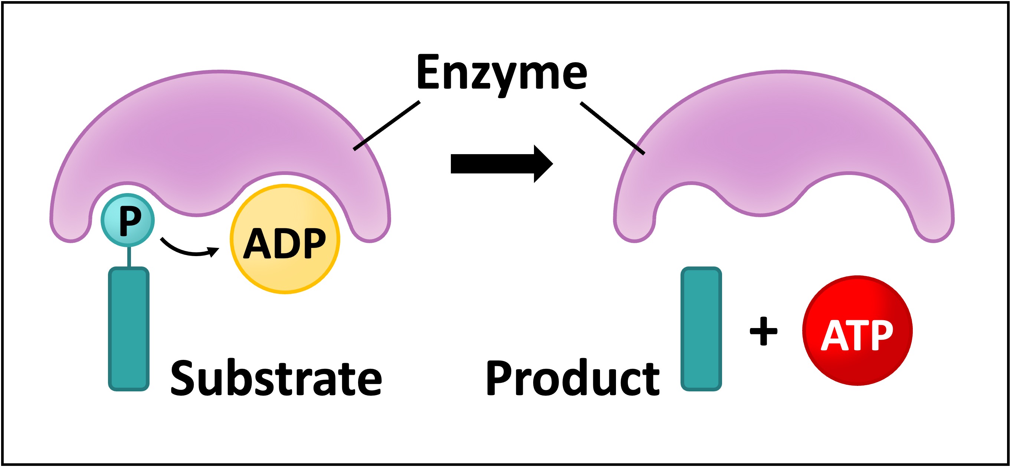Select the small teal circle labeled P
tap(128, 220)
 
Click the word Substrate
tap(276, 378)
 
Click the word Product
tap(573, 378)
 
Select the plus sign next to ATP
tap(763, 331)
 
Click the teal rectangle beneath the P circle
tap(129, 329)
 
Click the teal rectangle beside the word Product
tap(701, 329)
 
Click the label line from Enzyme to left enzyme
tap(386, 126)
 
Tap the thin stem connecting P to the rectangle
tap(129, 256)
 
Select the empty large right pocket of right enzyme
tap(849, 208)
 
